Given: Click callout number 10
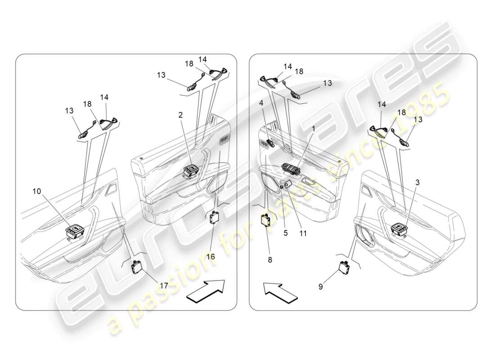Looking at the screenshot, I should click(x=36, y=191).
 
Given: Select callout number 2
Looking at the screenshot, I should click(x=180, y=115).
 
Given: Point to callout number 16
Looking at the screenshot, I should click(x=211, y=256).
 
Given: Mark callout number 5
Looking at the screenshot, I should click(x=285, y=233).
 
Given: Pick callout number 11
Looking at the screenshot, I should click(x=303, y=233).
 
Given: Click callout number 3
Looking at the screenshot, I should click(x=418, y=182).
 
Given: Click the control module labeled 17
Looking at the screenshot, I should click(x=136, y=268).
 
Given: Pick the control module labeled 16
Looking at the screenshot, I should click(x=213, y=217).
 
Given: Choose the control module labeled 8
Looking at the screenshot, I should click(x=266, y=220).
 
